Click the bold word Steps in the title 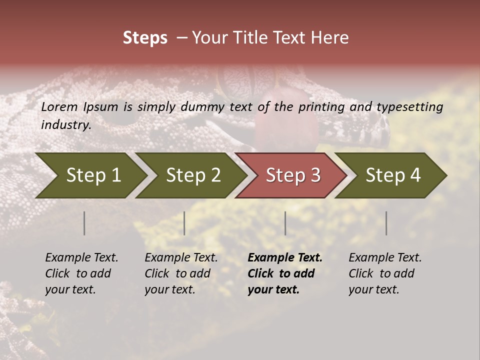point(145,38)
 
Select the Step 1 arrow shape point(90,175)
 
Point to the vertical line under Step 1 point(84,223)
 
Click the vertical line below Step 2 point(184,223)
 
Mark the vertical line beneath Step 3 point(285,223)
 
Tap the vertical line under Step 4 point(386,223)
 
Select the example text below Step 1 point(81,273)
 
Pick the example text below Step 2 point(181,273)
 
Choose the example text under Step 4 point(385,273)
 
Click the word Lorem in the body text point(59,107)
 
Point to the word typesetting point(409,107)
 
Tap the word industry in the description point(65,125)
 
